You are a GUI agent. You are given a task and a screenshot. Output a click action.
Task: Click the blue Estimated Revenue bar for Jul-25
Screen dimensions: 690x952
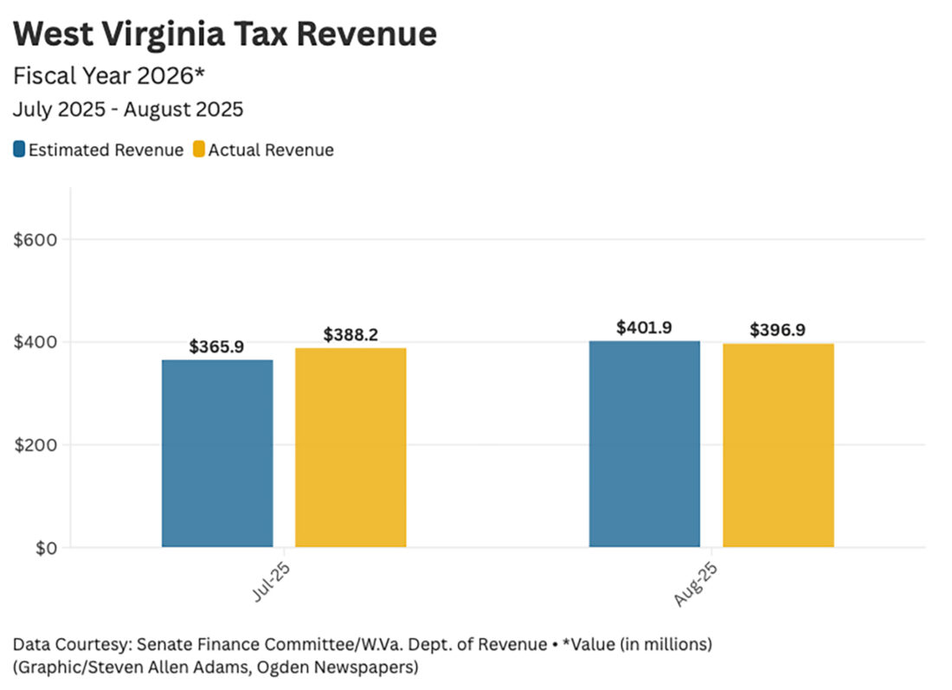coord(217,453)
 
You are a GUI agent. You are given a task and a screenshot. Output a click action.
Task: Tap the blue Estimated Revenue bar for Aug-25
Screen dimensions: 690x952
coord(645,444)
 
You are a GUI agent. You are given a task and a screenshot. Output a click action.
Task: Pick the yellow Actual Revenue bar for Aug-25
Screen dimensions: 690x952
coord(778,445)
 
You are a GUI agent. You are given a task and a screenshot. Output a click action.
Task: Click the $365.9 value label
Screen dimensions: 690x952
coord(216,347)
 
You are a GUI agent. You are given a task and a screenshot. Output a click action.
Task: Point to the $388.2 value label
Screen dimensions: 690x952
coord(351,334)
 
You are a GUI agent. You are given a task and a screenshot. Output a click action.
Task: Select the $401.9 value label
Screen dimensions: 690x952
coord(645,328)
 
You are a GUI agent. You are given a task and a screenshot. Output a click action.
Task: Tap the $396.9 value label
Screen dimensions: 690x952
coord(778,331)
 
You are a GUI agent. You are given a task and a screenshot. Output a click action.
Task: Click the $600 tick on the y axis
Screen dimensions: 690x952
coord(35,240)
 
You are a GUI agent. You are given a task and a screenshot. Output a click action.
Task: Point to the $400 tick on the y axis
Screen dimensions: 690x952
coord(35,342)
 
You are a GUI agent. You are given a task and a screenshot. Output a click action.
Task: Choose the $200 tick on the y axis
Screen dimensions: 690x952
coord(35,445)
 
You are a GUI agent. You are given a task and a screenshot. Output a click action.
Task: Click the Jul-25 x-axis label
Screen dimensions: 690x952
coord(270,581)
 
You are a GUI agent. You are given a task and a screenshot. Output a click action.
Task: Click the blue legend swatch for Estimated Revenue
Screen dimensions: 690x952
coord(19,150)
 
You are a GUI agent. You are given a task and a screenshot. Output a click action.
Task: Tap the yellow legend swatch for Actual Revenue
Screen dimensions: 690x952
coord(199,150)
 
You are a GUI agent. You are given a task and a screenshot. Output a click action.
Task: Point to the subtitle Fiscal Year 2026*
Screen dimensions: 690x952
coord(109,76)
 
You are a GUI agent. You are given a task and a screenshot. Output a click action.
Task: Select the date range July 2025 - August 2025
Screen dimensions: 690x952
coord(128,110)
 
